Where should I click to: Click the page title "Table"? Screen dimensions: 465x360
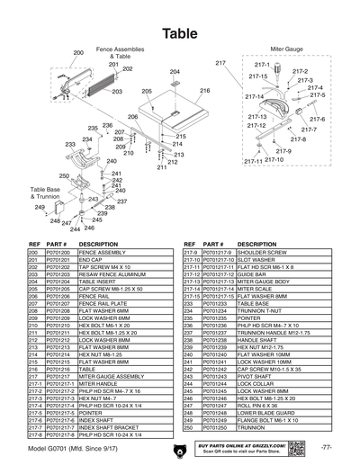pyautogui.click(x=180, y=32)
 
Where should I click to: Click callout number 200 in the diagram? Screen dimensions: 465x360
pyautogui.click(x=78, y=53)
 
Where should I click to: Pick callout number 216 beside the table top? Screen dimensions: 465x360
pyautogui.click(x=204, y=91)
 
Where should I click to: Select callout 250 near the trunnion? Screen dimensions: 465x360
pyautogui.click(x=64, y=175)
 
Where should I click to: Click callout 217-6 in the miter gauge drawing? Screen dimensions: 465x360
pyautogui.click(x=317, y=119)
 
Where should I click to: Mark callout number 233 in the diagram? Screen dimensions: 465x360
pyautogui.click(x=69, y=144)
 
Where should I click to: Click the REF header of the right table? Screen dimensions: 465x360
pyautogui.click(x=189, y=244)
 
